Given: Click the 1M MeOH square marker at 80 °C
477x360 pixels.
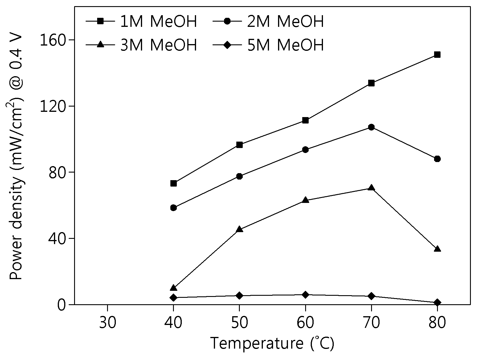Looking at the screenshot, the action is coord(437,54).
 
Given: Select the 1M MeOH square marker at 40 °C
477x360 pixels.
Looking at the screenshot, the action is coord(173,183).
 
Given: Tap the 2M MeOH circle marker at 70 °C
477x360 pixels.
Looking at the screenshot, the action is coord(371,127).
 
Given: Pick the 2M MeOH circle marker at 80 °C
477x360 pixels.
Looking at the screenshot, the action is coord(437,159).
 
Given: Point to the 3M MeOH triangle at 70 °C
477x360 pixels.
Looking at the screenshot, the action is coord(371,187).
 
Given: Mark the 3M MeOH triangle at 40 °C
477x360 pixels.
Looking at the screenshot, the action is coord(173,288).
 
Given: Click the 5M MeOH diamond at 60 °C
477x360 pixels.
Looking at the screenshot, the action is coord(305,295).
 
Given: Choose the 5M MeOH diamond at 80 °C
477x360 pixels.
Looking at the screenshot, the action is coord(437,302).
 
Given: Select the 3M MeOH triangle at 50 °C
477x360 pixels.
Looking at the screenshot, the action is coord(239,229).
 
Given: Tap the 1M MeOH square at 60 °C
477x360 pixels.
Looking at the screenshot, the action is coord(305,120).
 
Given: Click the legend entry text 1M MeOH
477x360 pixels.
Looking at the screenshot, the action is coord(158,21).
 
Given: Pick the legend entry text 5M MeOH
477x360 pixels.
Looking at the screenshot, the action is coord(286,45).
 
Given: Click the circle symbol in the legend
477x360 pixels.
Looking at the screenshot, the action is coord(227,21).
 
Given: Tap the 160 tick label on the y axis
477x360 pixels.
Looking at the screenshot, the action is coord(53,40).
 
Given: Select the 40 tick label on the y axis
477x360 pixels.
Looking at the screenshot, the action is coord(57,239).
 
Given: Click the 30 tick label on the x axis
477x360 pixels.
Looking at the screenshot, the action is coord(108,323).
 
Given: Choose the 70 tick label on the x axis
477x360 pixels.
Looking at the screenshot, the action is coord(371,323).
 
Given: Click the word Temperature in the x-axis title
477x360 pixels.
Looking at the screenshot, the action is coord(257,343).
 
